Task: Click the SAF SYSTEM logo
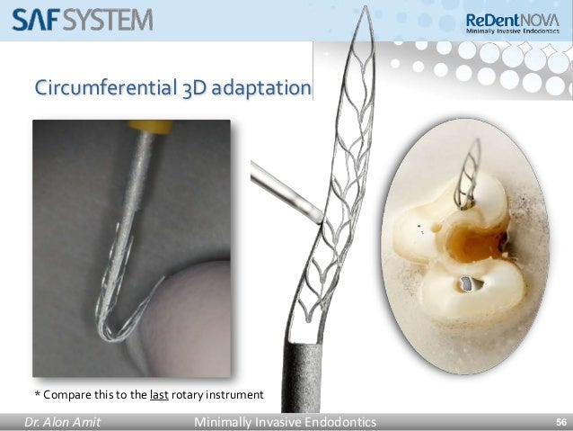pyautogui.click(x=82, y=19)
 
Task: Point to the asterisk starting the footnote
pyautogui.click(x=37, y=393)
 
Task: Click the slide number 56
pyautogui.click(x=560, y=422)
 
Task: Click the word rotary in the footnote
pyautogui.click(x=193, y=394)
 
